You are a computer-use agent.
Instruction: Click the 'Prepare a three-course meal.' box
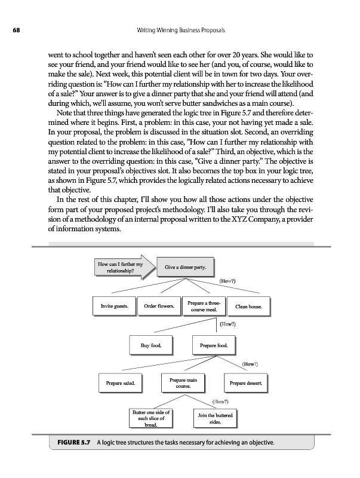(204, 307)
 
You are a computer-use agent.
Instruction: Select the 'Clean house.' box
(252, 307)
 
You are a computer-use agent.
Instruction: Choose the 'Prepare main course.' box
(183, 383)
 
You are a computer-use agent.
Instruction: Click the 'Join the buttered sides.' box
(214, 418)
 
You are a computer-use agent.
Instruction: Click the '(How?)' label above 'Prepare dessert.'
(250, 364)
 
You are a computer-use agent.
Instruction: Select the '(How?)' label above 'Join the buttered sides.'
(220, 402)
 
